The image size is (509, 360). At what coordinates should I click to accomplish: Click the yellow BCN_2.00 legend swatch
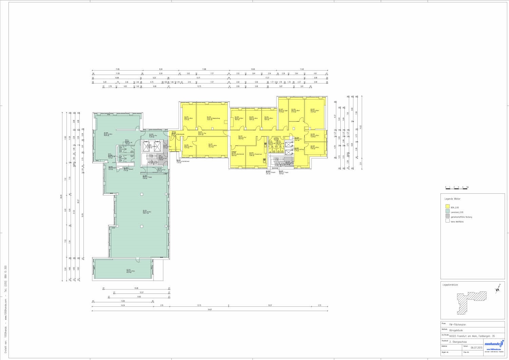coord(447,207)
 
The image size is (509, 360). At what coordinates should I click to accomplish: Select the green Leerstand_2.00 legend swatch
coord(447,212)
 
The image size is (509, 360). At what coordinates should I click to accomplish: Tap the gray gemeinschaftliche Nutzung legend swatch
coord(447,216)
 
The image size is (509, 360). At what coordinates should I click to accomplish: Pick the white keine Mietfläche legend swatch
coord(447,221)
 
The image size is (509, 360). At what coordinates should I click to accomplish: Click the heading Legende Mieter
coord(453,199)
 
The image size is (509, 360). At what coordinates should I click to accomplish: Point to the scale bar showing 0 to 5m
coord(456,187)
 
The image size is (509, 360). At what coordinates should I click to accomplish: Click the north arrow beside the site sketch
coord(498,288)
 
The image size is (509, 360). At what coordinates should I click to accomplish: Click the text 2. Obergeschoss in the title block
coord(458,342)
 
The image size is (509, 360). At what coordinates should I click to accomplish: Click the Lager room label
coord(283,110)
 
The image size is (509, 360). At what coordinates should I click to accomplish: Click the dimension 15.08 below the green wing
coord(136,288)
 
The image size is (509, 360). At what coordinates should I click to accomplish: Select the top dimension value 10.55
coord(252,70)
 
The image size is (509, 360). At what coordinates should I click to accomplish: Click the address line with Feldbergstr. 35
coord(472,336)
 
